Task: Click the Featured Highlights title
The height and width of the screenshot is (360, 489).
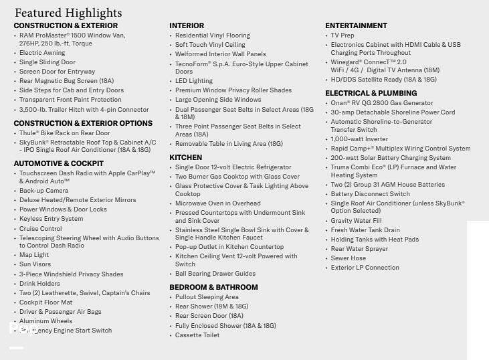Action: (x=68, y=13)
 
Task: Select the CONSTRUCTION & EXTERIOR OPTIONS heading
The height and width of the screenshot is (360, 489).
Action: (x=83, y=124)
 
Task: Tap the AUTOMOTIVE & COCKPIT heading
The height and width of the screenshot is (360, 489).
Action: (x=59, y=163)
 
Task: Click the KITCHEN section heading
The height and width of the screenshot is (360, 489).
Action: (x=185, y=157)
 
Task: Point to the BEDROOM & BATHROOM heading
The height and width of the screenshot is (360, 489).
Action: (x=213, y=288)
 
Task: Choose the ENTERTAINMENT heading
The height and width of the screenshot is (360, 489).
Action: (x=356, y=26)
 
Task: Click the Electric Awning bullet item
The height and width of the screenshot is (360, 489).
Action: (x=42, y=53)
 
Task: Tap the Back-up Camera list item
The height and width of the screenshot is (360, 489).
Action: (x=43, y=191)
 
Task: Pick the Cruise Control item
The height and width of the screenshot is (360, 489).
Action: (x=40, y=229)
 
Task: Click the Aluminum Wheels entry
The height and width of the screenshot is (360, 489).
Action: (x=45, y=321)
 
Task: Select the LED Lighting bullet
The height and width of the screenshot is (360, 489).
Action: (x=194, y=81)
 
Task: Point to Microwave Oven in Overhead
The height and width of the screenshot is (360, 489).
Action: (x=218, y=203)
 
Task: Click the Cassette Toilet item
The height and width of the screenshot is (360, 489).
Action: (x=197, y=335)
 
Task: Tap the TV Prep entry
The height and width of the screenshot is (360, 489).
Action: (x=343, y=35)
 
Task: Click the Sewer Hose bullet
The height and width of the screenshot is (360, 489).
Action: (x=349, y=258)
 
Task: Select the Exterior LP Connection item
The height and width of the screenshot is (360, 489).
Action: (x=365, y=268)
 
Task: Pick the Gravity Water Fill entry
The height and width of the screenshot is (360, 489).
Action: (x=356, y=221)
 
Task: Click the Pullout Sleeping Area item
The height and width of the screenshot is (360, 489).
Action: (x=207, y=297)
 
